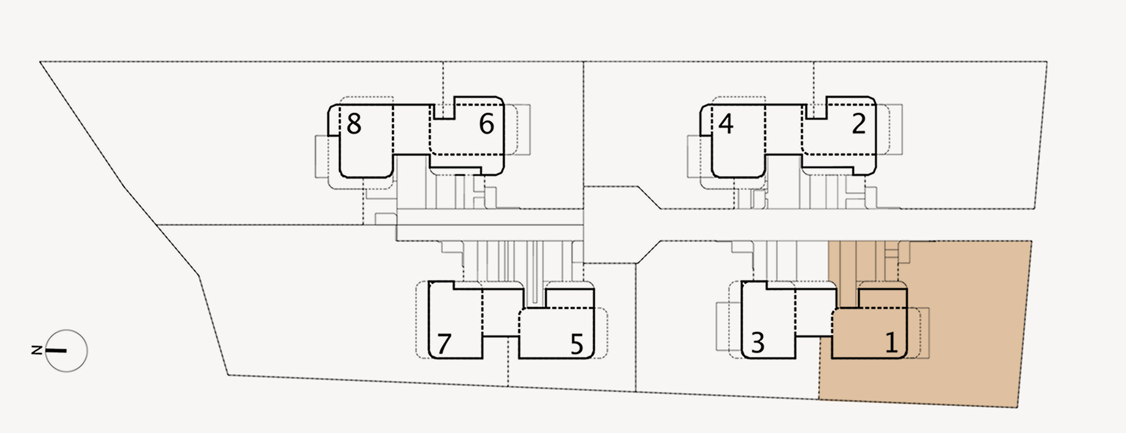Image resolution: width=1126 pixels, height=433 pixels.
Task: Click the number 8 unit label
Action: click(354, 124)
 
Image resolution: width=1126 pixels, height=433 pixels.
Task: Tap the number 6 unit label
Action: click(487, 124)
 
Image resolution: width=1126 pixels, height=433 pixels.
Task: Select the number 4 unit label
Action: click(726, 124)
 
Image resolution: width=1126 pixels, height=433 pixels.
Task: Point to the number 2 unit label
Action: click(859, 124)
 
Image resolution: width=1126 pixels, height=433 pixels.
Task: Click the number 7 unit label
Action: click(443, 344)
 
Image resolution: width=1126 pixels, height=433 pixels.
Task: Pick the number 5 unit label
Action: click(576, 344)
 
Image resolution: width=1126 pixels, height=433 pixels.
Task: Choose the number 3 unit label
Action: click(758, 343)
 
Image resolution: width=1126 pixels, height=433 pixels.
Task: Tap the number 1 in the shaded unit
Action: click(891, 343)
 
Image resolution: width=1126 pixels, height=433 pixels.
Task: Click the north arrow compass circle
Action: click(66, 350)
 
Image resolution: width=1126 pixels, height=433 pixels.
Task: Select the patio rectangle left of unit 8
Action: click(322, 156)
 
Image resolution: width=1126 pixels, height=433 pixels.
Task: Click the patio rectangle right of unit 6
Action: click(523, 129)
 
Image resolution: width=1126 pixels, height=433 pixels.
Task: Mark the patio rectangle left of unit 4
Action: click(694, 156)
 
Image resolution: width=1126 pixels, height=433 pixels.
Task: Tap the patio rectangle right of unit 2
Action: click(895, 129)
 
